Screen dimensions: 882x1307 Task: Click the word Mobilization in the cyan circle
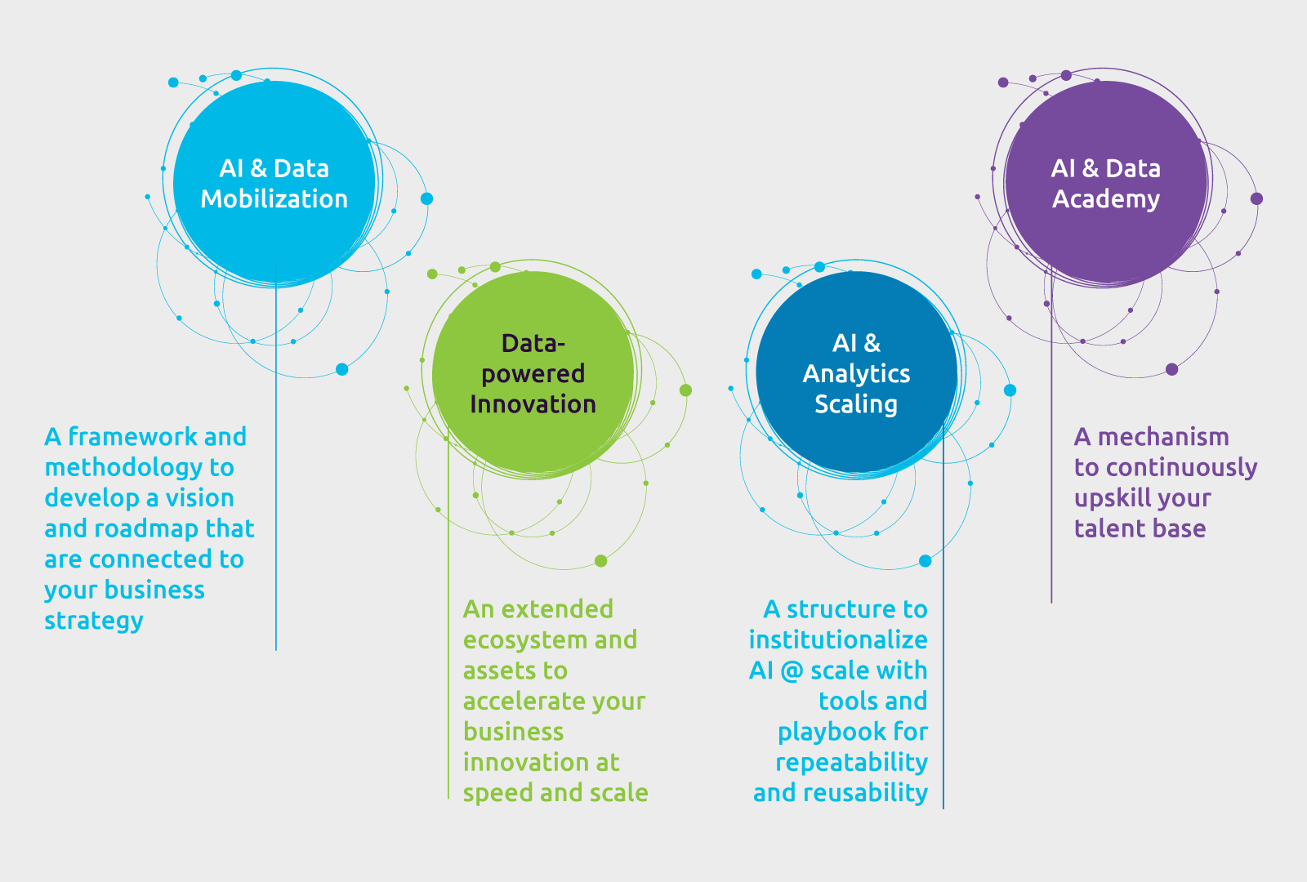pos(274,199)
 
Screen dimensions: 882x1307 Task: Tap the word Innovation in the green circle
pos(533,404)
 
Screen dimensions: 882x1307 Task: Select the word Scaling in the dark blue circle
pos(856,404)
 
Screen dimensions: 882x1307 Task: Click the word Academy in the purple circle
pos(1106,199)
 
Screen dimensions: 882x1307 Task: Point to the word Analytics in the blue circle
pos(856,373)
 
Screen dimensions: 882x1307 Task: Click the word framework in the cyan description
pos(132,437)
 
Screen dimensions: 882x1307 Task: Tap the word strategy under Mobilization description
pos(94,621)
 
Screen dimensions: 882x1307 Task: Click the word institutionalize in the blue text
pos(838,639)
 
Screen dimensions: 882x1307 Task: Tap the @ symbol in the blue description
pos(792,670)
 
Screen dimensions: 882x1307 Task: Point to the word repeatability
pos(851,762)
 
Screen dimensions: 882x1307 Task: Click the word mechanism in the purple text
pos(1163,437)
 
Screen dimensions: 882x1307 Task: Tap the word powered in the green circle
pos(533,373)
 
